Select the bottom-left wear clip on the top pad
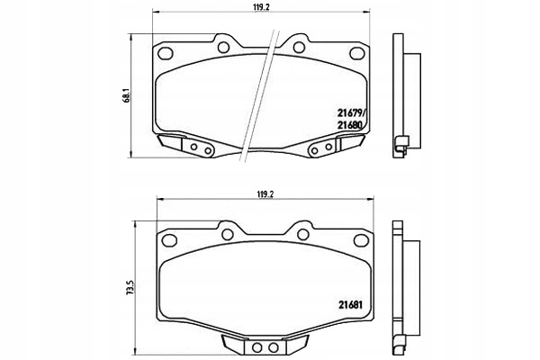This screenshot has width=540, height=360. [x=187, y=146]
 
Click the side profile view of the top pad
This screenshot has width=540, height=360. [x=405, y=99]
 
